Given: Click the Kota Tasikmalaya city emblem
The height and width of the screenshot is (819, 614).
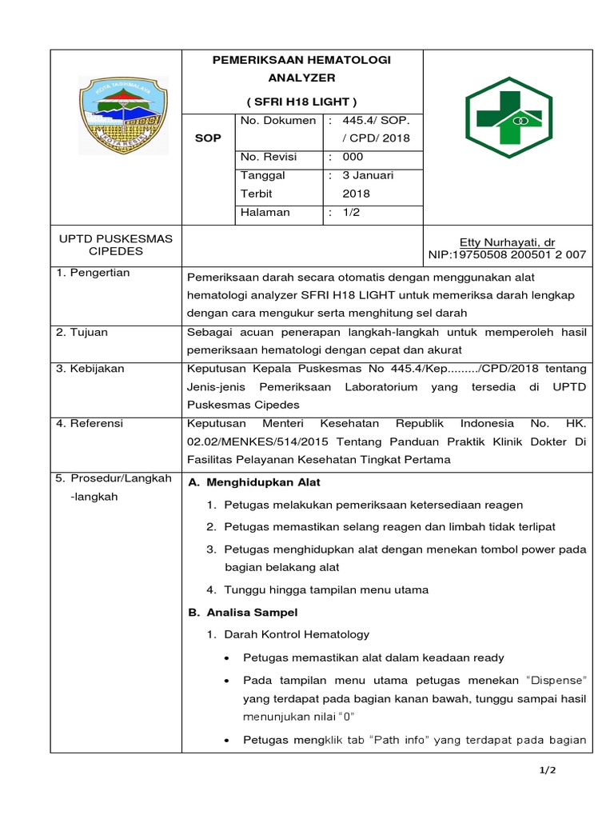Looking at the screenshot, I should coord(123,116).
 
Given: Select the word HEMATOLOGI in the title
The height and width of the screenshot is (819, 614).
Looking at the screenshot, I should coord(346,60).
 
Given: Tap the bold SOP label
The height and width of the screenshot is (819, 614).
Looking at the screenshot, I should coord(209,138).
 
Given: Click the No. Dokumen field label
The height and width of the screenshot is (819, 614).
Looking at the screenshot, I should coord(277,120).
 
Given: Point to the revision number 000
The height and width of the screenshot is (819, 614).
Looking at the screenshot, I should coord(353,157).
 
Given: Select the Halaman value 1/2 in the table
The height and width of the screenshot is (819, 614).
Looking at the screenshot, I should coord(351,213).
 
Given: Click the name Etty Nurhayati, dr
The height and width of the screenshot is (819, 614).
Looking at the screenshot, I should coord(507,242).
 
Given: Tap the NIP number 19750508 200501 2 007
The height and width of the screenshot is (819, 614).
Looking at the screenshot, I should coord(507,255).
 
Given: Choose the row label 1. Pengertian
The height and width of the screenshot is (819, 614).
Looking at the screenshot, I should coord(93,273).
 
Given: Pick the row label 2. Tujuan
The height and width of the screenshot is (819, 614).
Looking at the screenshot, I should coord(82,332).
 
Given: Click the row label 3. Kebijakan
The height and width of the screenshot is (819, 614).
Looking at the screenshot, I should coord(90,369).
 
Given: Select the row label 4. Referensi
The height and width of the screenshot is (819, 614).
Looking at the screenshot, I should coord(90,424).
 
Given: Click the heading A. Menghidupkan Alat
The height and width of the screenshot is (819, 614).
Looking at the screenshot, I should coord(254,482).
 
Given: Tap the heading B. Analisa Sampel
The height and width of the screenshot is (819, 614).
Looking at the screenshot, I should coord(242,612).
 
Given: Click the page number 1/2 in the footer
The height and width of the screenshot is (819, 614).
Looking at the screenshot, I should coord(548,770).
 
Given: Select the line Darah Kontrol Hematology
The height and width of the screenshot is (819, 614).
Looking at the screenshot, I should coord(297,634).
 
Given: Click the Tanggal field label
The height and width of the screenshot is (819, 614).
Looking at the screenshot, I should coord(263,175).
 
